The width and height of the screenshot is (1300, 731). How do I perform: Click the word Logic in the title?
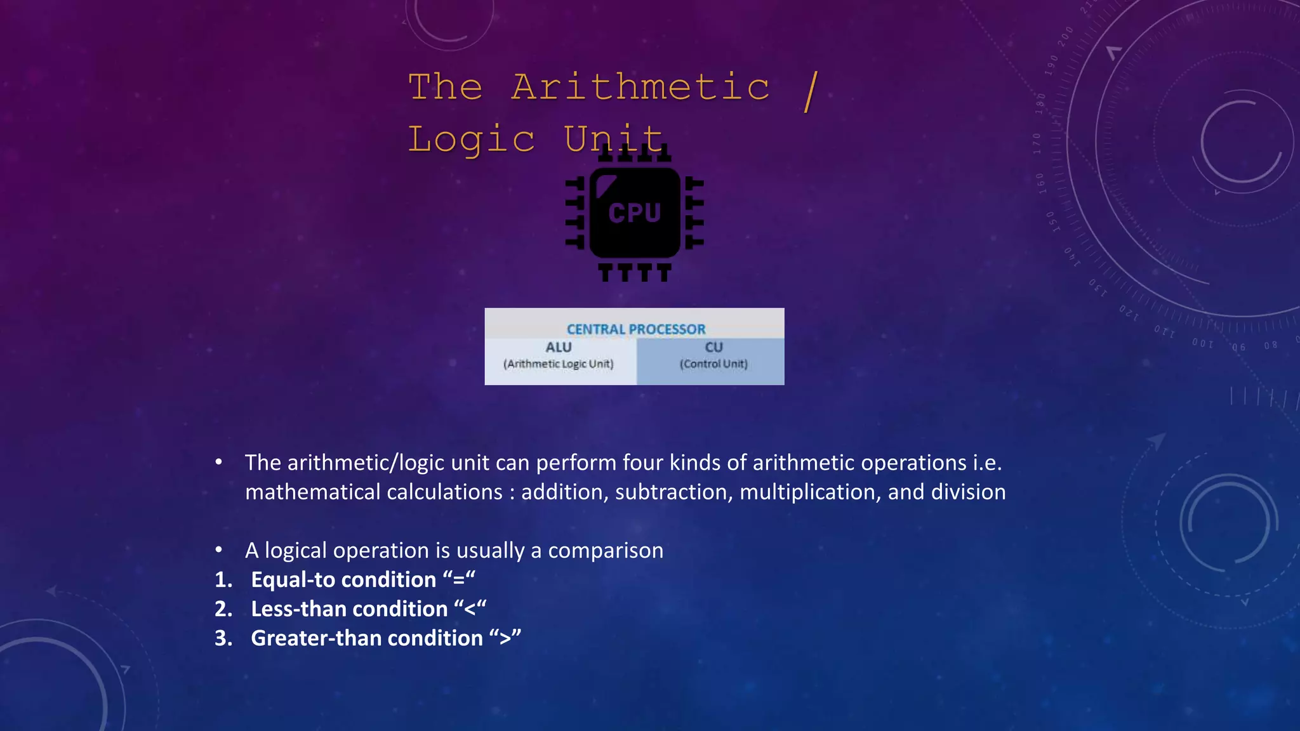471,140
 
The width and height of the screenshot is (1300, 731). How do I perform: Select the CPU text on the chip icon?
635,213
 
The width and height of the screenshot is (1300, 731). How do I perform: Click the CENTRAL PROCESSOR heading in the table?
635,329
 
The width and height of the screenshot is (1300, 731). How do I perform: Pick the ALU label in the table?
559,347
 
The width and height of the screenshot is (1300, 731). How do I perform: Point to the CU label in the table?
713,347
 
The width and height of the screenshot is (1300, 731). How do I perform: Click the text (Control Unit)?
713,364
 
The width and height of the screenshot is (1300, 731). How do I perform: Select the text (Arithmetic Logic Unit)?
559,364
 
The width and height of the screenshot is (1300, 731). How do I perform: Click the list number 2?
222,609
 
